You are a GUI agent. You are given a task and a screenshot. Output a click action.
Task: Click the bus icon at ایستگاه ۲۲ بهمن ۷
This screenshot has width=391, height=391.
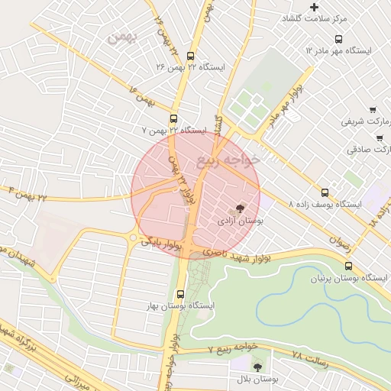pyautogui.click(x=174, y=119)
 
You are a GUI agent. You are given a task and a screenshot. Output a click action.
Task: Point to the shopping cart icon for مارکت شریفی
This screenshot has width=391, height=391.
pyautogui.click(x=372, y=110)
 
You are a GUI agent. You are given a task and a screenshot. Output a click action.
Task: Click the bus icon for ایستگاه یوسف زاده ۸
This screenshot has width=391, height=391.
pyautogui.click(x=325, y=193)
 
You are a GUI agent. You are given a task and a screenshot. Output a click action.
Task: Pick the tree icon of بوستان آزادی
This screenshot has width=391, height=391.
pyautogui.click(x=241, y=208)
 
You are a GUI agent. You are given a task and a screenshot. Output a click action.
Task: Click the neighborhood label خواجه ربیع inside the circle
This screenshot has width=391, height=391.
pyautogui.click(x=228, y=160)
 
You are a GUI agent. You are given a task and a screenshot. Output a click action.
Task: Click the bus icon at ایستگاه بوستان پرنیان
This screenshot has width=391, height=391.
pyautogui.click(x=349, y=267)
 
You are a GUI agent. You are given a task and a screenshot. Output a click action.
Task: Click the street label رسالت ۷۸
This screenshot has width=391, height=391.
pyautogui.click(x=310, y=356)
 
